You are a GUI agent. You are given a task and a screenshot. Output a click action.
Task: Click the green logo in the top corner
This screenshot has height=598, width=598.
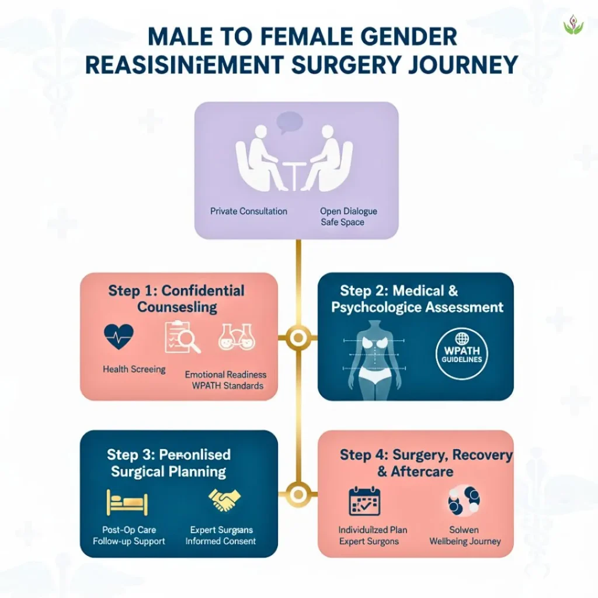pos(573,25)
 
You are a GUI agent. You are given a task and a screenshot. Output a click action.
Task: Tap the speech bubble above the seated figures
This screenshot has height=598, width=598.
pos(290,122)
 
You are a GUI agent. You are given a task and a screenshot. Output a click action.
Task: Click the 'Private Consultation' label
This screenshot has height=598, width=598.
pos(249,211)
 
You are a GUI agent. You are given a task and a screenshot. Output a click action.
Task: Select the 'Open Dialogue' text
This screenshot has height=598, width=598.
pos(349,211)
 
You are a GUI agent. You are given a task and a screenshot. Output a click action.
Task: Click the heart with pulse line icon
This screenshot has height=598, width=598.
pos(118,337)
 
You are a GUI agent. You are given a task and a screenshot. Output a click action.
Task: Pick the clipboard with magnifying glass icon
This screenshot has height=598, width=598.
pos(182,337)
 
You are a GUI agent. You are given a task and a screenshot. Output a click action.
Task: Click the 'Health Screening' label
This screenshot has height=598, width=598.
pos(134,369)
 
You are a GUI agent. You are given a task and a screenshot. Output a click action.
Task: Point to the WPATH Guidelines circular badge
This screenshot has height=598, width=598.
pos(462,354)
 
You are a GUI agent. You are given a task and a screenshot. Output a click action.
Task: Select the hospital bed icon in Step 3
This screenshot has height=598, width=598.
pos(127,502)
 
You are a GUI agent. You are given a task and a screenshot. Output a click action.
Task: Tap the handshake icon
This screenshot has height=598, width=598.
pos(224,500)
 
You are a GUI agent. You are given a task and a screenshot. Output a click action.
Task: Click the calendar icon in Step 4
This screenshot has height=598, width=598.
pos(364,502)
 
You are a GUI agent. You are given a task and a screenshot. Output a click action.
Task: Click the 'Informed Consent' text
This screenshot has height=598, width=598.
pos(221,541)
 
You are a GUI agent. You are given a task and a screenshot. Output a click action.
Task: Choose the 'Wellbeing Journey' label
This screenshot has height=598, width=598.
pos(465,541)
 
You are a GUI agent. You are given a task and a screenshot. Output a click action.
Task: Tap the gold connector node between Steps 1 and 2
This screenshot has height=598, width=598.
pos(298,337)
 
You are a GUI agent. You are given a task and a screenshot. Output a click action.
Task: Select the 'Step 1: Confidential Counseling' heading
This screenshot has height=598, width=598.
pos(176,298)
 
